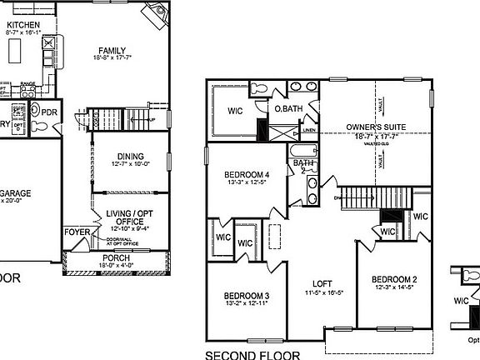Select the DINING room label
pos(130,156)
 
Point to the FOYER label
pos(77,232)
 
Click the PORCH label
pos(116,258)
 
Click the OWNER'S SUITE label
pos(376,127)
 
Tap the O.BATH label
pos(288,108)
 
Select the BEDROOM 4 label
pos(246,175)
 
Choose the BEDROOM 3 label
pos(245,296)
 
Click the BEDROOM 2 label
pos(394,278)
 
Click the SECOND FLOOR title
pos(252,355)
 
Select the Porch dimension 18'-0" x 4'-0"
pos(116,267)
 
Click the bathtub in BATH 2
pos(301,152)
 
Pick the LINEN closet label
pos(308,131)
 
